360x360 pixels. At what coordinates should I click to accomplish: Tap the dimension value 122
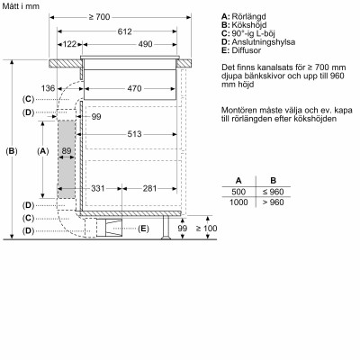68,43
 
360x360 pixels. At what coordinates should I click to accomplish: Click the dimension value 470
133,87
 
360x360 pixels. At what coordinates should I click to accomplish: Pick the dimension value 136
49,87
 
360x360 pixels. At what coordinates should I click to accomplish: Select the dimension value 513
133,133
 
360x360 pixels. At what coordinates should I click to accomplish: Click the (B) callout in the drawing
12,150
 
